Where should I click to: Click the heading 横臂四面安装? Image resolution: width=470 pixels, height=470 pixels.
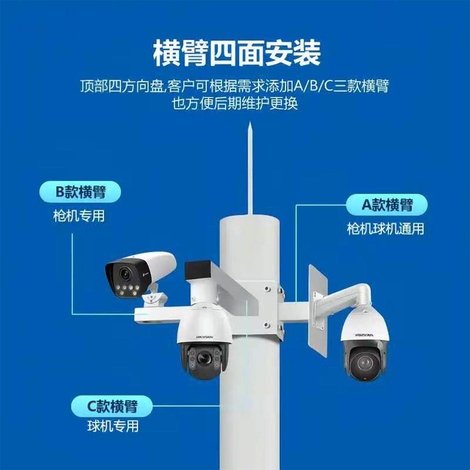(236, 53)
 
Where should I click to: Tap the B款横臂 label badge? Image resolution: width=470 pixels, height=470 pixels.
(80, 192)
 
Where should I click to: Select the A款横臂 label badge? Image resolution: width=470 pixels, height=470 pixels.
(387, 205)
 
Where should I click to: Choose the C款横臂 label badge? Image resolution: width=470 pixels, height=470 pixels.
(112, 406)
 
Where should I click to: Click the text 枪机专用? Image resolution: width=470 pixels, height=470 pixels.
(79, 216)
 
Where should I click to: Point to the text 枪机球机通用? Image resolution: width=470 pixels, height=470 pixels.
(385, 229)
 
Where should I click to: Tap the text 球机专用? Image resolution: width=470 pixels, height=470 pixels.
(113, 426)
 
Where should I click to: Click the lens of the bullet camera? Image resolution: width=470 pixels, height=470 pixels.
(124, 274)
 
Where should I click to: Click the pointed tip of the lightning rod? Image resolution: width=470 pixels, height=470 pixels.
(250, 124)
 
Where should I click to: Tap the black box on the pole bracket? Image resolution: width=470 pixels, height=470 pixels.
(197, 270)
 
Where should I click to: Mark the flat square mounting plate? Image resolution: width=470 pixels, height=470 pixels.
(318, 310)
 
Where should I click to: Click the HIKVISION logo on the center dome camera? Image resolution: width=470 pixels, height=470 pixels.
(205, 337)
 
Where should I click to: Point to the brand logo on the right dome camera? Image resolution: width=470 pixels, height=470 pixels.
(364, 335)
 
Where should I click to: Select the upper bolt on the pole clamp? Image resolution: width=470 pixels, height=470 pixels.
(268, 289)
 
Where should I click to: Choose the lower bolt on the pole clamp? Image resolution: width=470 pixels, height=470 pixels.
(268, 325)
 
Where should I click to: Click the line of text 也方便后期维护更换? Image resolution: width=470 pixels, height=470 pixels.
(235, 104)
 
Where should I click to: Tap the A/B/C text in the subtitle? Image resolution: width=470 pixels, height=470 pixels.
(313, 86)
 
